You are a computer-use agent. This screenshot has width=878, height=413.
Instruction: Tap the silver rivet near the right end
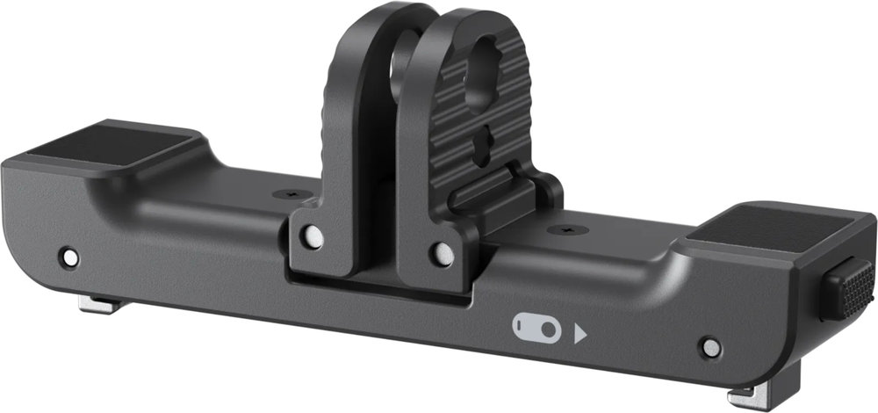pyautogui.click(x=710, y=347)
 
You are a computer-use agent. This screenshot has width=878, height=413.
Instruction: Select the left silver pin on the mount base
pyautogui.click(x=311, y=236)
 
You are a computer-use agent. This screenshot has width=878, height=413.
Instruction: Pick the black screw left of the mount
pyautogui.click(x=285, y=193)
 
